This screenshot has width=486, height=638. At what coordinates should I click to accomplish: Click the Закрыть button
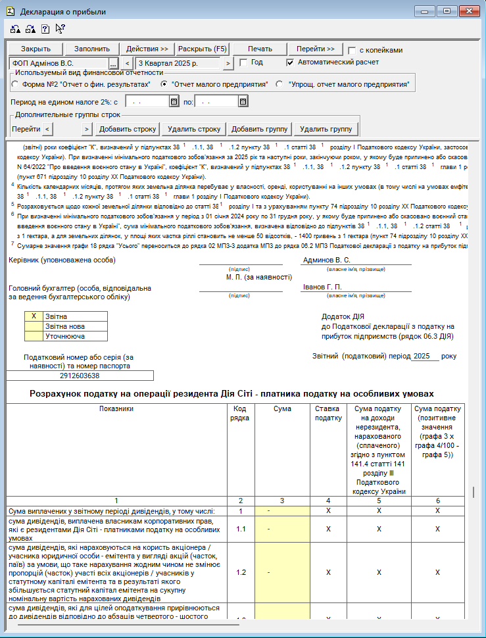coord(36,49)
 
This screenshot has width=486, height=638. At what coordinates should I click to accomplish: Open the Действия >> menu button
coord(147,49)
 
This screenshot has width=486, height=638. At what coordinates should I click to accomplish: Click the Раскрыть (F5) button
coord(202,49)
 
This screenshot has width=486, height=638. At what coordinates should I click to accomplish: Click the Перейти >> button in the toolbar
coord(315,49)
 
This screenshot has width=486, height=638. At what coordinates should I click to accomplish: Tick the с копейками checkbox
coord(352,50)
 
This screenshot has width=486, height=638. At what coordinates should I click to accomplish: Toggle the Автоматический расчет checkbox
coord(291,62)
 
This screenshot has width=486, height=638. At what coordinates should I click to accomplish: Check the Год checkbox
coord(243,62)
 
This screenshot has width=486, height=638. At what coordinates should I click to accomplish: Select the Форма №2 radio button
coord(15,85)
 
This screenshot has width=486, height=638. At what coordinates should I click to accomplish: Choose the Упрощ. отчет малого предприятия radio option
coord(279,85)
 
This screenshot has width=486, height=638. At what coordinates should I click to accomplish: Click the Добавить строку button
coord(128,129)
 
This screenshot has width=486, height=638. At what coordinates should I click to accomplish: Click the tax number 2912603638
coord(80,376)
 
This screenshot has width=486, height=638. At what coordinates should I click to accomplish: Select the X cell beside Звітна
coord(34,316)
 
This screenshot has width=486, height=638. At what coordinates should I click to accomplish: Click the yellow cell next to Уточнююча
coord(34,336)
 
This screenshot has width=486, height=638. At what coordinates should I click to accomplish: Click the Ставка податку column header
coord(328,413)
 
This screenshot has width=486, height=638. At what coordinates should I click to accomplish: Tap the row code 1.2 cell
coord(241,572)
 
